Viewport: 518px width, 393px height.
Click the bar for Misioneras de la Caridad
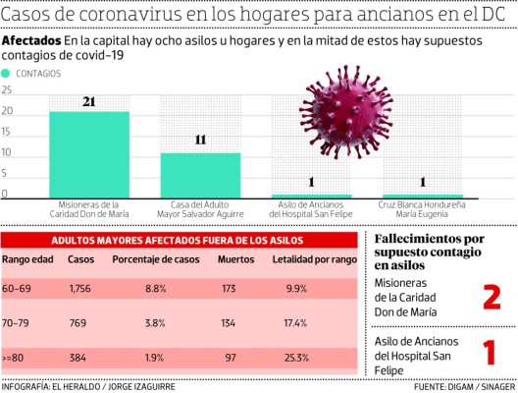tap(89, 154)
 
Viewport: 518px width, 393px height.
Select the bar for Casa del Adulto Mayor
tap(200, 175)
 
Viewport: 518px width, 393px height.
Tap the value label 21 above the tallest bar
tap(89, 102)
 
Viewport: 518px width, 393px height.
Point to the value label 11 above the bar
tap(200, 140)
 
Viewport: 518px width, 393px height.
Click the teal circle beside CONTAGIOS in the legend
tap(7, 74)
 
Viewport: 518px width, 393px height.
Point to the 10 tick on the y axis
tap(7, 153)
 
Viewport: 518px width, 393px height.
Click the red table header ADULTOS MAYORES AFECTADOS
tap(180, 240)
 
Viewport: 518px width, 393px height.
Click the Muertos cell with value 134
tap(230, 321)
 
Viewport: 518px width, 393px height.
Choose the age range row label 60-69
tap(20, 289)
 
